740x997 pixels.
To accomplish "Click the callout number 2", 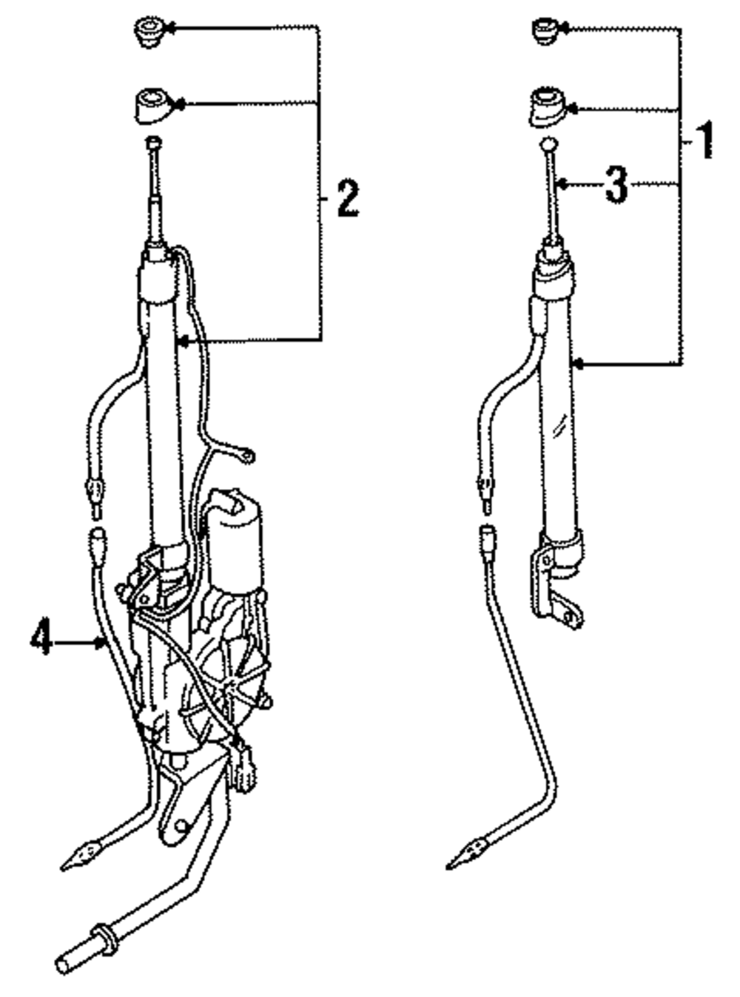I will pos(347,197).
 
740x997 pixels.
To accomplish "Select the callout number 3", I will pos(616,184).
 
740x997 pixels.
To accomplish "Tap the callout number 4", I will pos(41,638).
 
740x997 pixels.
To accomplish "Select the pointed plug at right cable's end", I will pos(463,854).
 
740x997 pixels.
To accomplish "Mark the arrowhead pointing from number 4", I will pos(101,642).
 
